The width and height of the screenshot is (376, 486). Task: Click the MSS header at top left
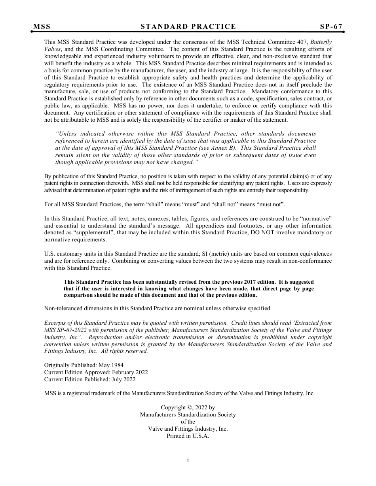[x=42, y=26]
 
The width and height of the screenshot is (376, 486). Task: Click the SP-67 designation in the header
[x=331, y=26]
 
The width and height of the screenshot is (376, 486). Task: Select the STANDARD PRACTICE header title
[x=188, y=26]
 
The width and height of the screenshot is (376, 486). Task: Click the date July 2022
[x=123, y=380]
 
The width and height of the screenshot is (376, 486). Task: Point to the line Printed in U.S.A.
[x=188, y=436]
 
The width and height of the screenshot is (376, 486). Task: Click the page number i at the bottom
[x=188, y=460]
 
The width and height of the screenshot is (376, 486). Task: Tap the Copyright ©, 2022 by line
[x=188, y=408]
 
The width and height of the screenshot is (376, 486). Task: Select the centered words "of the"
[x=188, y=422]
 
